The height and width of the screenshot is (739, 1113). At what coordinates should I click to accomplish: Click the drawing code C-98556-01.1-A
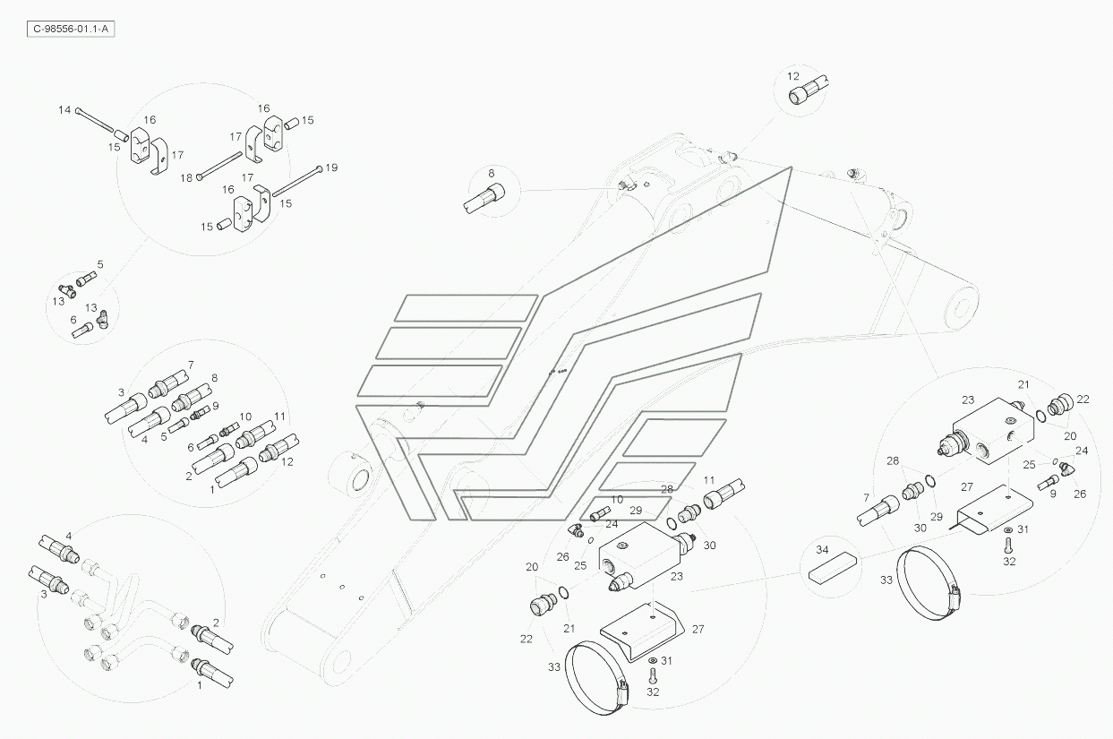click(x=72, y=29)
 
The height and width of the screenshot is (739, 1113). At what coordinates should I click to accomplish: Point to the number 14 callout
click(x=64, y=110)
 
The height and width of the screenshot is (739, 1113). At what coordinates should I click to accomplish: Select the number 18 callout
click(x=186, y=177)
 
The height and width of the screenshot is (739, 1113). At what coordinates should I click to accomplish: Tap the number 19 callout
click(x=331, y=168)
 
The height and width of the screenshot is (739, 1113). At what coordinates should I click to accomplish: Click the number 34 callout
click(x=823, y=548)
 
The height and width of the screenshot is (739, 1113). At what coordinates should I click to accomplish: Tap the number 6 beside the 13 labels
click(x=73, y=320)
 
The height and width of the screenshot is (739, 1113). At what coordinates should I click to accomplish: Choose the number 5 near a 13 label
click(x=100, y=264)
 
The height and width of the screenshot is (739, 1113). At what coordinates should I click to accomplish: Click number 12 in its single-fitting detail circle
click(x=793, y=76)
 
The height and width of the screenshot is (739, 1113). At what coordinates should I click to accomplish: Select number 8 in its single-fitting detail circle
click(x=492, y=172)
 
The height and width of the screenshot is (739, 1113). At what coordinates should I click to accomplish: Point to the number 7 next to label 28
click(x=866, y=497)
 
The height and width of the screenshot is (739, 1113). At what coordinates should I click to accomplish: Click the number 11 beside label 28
click(x=709, y=480)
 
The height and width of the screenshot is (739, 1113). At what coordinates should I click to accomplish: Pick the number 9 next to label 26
click(x=1053, y=494)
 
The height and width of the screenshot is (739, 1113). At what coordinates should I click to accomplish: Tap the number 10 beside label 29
click(x=617, y=499)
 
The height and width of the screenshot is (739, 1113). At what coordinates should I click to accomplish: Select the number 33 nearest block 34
click(x=886, y=580)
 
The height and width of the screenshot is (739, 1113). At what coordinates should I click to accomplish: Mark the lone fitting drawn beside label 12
click(x=812, y=90)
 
